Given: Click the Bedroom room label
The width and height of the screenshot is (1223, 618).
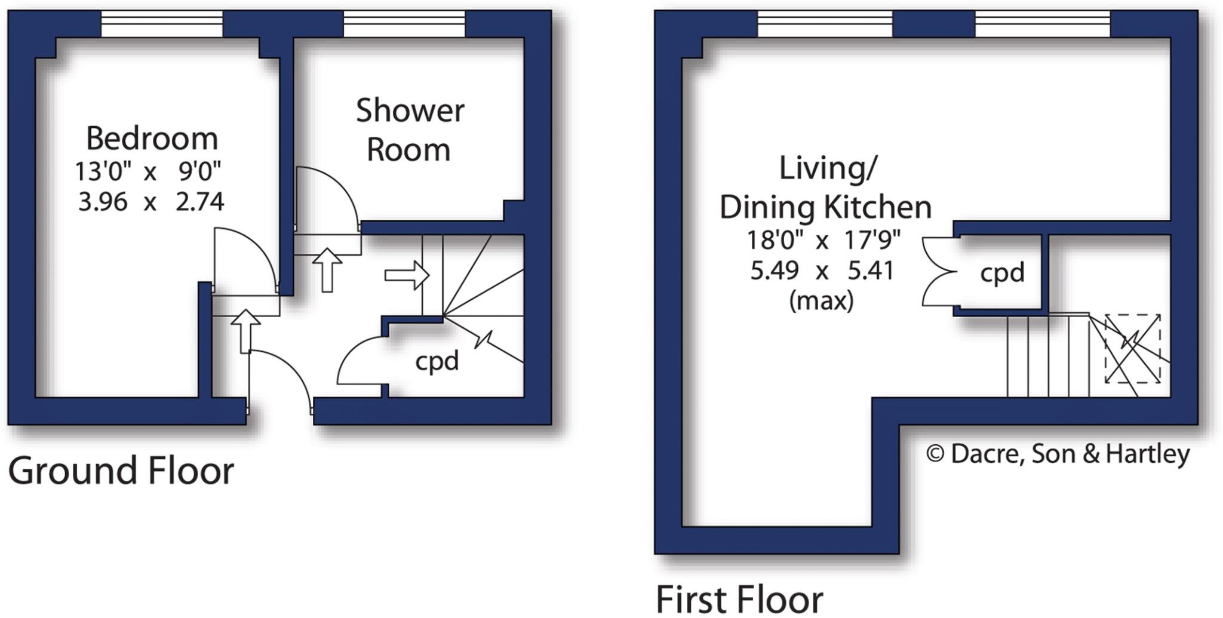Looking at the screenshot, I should point(152,139).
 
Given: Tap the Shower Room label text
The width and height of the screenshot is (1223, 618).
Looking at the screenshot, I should point(410,130).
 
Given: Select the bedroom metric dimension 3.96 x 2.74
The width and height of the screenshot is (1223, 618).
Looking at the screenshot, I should point(151,202).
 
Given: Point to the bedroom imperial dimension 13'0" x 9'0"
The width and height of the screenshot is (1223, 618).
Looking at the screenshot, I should point(148,172).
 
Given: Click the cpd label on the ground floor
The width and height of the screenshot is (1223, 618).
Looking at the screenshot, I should point(437,361).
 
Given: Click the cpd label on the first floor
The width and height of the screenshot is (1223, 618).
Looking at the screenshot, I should point(1002,273).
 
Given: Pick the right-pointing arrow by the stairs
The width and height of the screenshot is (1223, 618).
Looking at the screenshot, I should point(407,275).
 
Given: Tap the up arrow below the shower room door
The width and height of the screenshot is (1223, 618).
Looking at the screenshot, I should point(327,269).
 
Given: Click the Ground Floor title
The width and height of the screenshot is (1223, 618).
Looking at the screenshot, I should point(121,471).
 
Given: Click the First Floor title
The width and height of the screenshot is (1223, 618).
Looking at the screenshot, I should point(739,599).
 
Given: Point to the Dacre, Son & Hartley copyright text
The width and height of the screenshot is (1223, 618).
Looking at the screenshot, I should point(1058,454).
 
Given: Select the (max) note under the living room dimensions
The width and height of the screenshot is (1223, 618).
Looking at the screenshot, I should point(821,301).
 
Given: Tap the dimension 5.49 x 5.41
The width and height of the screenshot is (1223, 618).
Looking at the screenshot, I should point(822,271).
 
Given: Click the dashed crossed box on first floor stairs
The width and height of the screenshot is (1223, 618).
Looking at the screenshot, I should point(1132,349).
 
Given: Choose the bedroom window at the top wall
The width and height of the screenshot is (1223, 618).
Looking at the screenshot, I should point(161,23).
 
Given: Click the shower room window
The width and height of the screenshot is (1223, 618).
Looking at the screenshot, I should point(404,23).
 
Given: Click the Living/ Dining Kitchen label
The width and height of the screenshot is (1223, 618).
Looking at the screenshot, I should point(825,188).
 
